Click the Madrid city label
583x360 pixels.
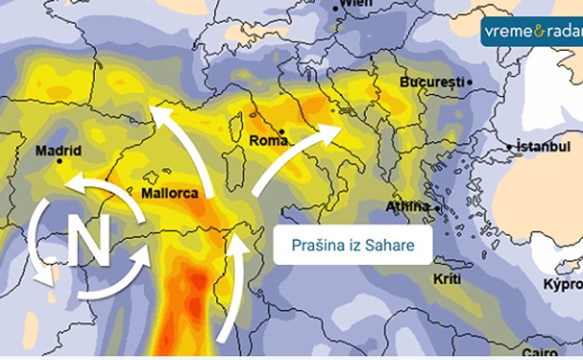pyautogui.click(x=58, y=150)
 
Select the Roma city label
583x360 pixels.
pyautogui.click(x=268, y=141)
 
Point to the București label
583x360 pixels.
pyautogui.click(x=433, y=83)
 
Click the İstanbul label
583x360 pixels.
pyautogui.click(x=544, y=147)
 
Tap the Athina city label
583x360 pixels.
pyautogui.click(x=406, y=207)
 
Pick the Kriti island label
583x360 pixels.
pyautogui.click(x=447, y=280)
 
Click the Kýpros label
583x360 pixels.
pyautogui.click(x=562, y=284)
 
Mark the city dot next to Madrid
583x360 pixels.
pyautogui.click(x=59, y=162)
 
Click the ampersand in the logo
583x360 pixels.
pyautogui.click(x=536, y=31)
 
